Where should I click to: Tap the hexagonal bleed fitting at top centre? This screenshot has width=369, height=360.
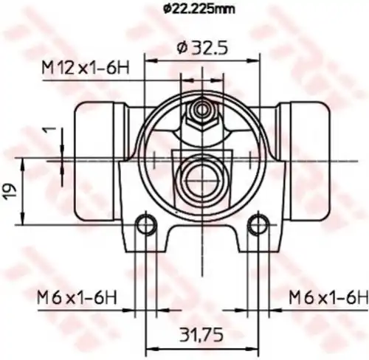tap(200, 115)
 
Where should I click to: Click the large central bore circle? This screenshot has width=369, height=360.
tap(200, 176)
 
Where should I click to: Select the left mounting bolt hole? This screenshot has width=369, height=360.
tap(146, 223)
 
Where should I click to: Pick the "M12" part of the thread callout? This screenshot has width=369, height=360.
tap(56, 69)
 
